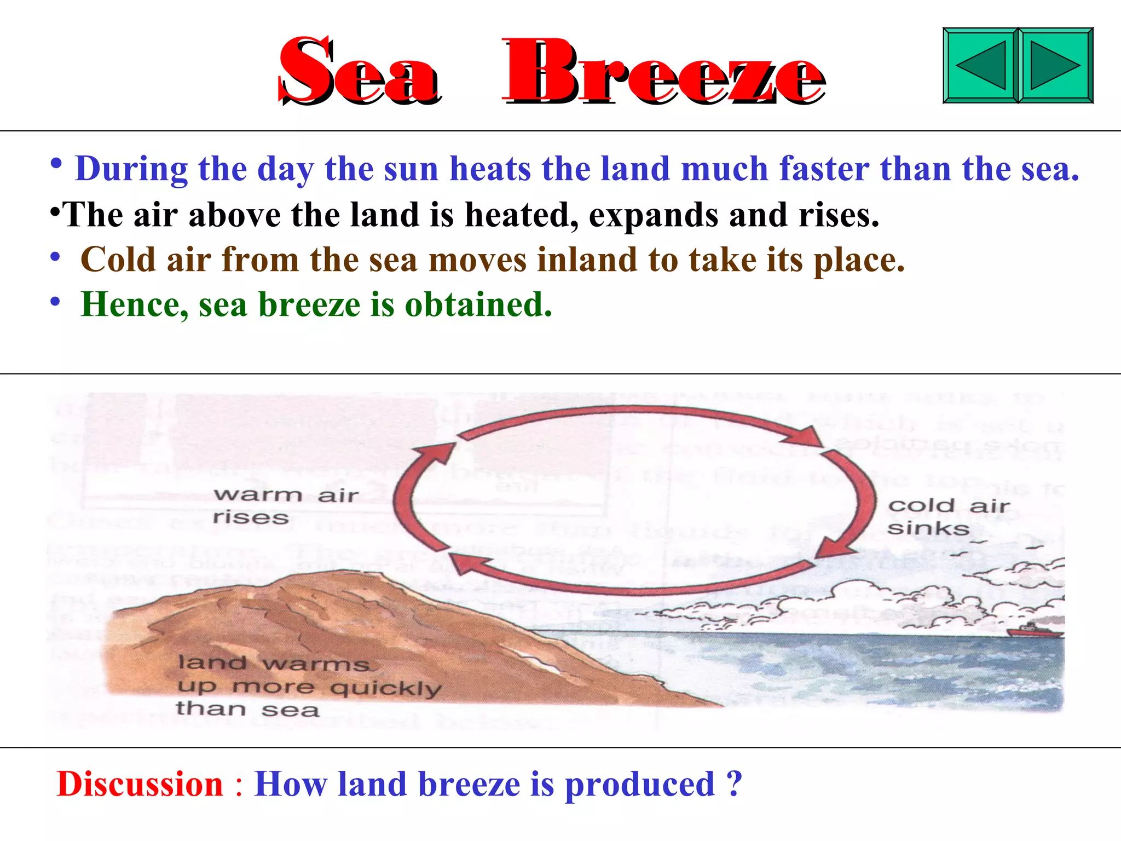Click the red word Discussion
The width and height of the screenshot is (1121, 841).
[140, 784]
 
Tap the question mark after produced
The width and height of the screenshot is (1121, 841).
[735, 784]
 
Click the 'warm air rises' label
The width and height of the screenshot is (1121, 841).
[285, 506]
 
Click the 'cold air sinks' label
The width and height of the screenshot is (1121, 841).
[947, 517]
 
